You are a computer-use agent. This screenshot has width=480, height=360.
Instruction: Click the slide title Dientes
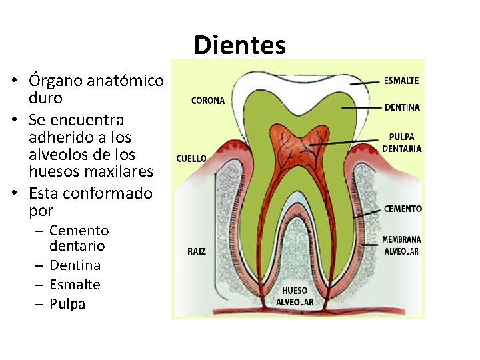tap(240, 45)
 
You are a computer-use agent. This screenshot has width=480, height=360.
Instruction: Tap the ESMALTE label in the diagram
tap(401, 81)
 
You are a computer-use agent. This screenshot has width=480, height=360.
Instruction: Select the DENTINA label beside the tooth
tap(402, 107)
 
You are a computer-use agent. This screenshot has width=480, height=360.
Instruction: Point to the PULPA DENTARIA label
tap(401, 143)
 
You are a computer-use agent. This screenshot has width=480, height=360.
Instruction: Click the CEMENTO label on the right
tap(403, 209)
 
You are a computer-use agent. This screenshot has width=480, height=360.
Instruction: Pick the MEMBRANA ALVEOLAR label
tap(401, 245)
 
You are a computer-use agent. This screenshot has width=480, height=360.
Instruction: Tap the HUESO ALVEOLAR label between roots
tap(295, 295)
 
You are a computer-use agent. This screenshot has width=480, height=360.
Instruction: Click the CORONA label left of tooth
tap(208, 101)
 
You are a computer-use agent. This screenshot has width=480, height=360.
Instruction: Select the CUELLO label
tap(191, 159)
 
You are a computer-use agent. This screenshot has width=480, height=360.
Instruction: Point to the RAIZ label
tap(196, 252)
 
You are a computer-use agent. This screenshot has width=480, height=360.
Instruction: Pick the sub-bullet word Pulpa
tap(67, 304)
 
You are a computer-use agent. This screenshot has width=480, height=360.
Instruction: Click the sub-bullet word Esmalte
tap(75, 285)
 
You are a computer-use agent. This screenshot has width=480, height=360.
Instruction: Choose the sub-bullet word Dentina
tap(75, 265)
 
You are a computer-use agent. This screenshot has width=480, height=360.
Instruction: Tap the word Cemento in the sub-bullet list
tap(79, 231)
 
